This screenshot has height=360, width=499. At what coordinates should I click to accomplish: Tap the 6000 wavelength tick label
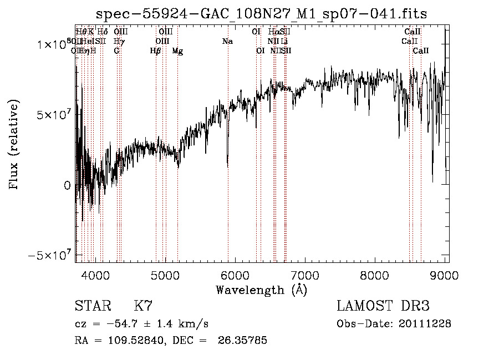coord(235,274)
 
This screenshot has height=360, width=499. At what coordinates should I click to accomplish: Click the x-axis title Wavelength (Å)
coord(261,290)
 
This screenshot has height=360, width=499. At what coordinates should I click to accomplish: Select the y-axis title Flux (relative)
coord(13,144)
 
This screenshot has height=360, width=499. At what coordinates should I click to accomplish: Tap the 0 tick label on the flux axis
coord(68,185)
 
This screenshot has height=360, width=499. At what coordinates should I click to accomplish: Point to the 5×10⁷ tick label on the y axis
coord(54,115)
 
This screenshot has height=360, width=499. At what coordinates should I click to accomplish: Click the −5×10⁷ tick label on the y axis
coord(50,256)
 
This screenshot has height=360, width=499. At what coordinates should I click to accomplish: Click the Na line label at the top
coord(227,42)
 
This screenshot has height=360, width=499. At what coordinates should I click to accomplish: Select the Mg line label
coord(177,51)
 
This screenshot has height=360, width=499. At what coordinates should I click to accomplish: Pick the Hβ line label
coord(156,51)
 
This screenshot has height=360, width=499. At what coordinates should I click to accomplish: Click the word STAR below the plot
coord(92,306)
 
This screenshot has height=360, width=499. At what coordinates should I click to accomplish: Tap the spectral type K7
coord(143,306)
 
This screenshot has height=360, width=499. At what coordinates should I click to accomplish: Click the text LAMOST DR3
coord(383,306)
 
